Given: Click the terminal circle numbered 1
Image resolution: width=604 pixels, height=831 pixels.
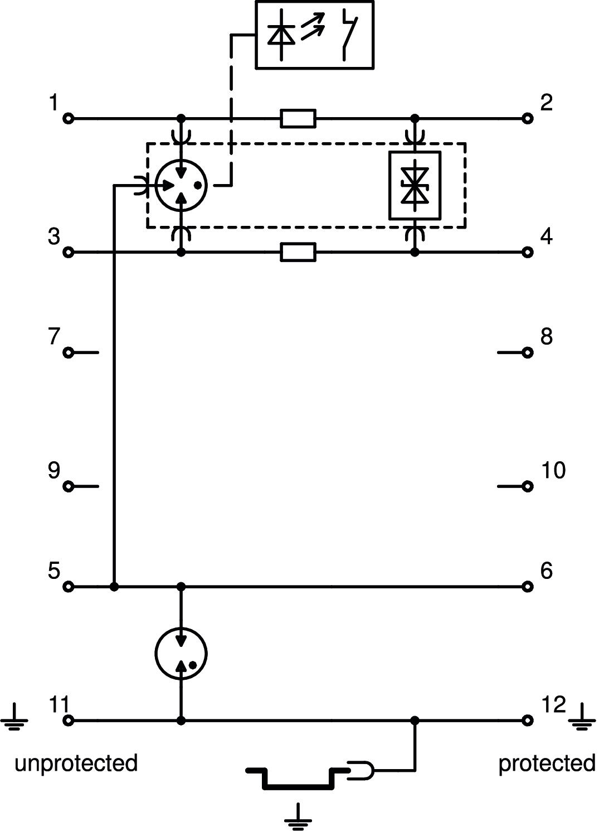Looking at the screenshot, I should click(x=69, y=119).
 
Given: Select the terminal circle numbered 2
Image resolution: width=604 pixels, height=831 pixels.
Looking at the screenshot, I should click(x=528, y=119).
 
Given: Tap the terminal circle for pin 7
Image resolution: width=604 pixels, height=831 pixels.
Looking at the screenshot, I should click(x=69, y=352).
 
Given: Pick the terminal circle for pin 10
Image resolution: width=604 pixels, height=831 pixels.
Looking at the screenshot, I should click(x=528, y=486).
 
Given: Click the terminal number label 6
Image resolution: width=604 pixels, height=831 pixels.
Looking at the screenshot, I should click(x=547, y=571).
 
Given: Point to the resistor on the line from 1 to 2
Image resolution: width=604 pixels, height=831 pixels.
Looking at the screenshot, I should click(x=298, y=119).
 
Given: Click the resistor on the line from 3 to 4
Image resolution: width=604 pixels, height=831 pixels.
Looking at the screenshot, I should click(x=298, y=253).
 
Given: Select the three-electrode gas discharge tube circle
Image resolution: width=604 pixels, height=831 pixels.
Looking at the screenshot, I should click(x=181, y=185).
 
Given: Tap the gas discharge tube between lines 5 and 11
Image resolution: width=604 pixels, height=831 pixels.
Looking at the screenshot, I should click(x=181, y=654).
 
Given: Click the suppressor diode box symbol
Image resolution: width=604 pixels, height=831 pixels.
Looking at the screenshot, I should click(x=415, y=185).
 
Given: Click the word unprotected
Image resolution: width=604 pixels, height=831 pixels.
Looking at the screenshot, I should click(x=76, y=763).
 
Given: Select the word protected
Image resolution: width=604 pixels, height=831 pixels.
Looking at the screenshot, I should click(x=547, y=763).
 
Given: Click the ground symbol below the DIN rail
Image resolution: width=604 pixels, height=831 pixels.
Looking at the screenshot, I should click(x=298, y=815).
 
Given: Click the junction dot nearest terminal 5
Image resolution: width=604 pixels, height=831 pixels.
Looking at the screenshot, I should click(x=114, y=587).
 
